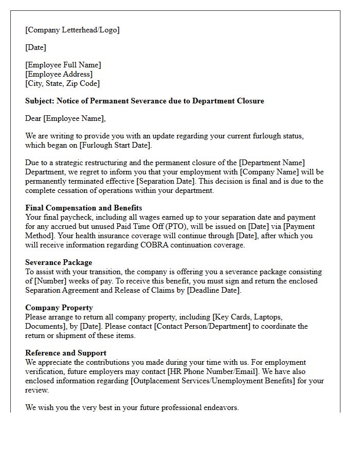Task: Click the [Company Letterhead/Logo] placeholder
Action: point(72,30)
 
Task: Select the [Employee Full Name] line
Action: point(63,65)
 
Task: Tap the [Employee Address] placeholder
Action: point(59,74)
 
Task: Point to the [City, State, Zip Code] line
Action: point(62,83)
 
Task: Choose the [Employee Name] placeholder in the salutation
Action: point(74,118)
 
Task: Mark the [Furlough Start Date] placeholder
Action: point(112,145)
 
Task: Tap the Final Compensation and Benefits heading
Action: point(83,208)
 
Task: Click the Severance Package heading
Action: point(59,262)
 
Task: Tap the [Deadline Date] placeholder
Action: point(213,290)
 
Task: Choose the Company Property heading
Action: point(59,308)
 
